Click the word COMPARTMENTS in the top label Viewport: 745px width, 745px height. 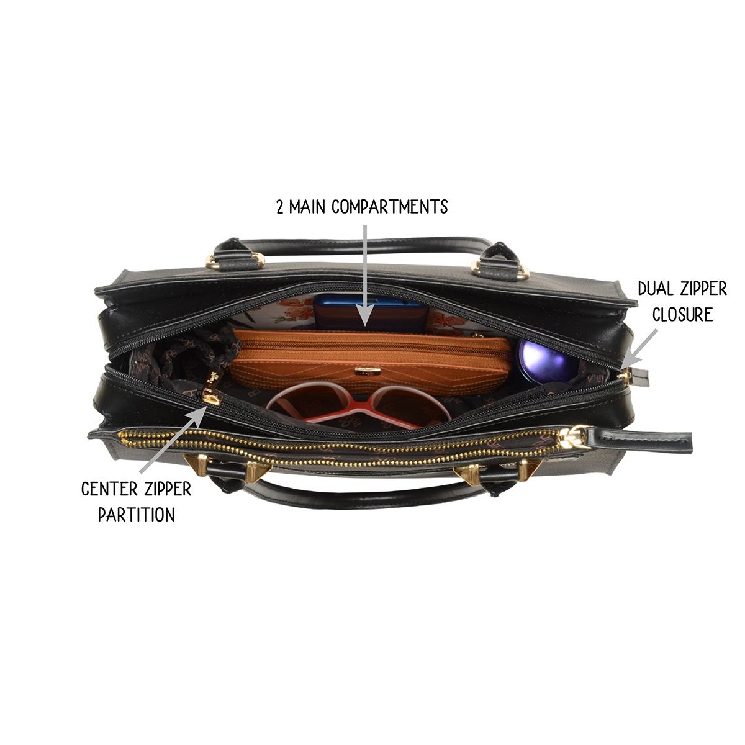pyautogui.click(x=389, y=207)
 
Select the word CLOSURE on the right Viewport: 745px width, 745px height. pyautogui.click(x=682, y=314)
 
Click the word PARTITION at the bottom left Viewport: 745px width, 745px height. pyautogui.click(x=137, y=515)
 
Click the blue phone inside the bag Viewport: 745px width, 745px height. pyautogui.click(x=371, y=313)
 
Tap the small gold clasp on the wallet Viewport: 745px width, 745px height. pyautogui.click(x=364, y=371)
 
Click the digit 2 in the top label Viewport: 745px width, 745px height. pyautogui.click(x=280, y=207)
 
